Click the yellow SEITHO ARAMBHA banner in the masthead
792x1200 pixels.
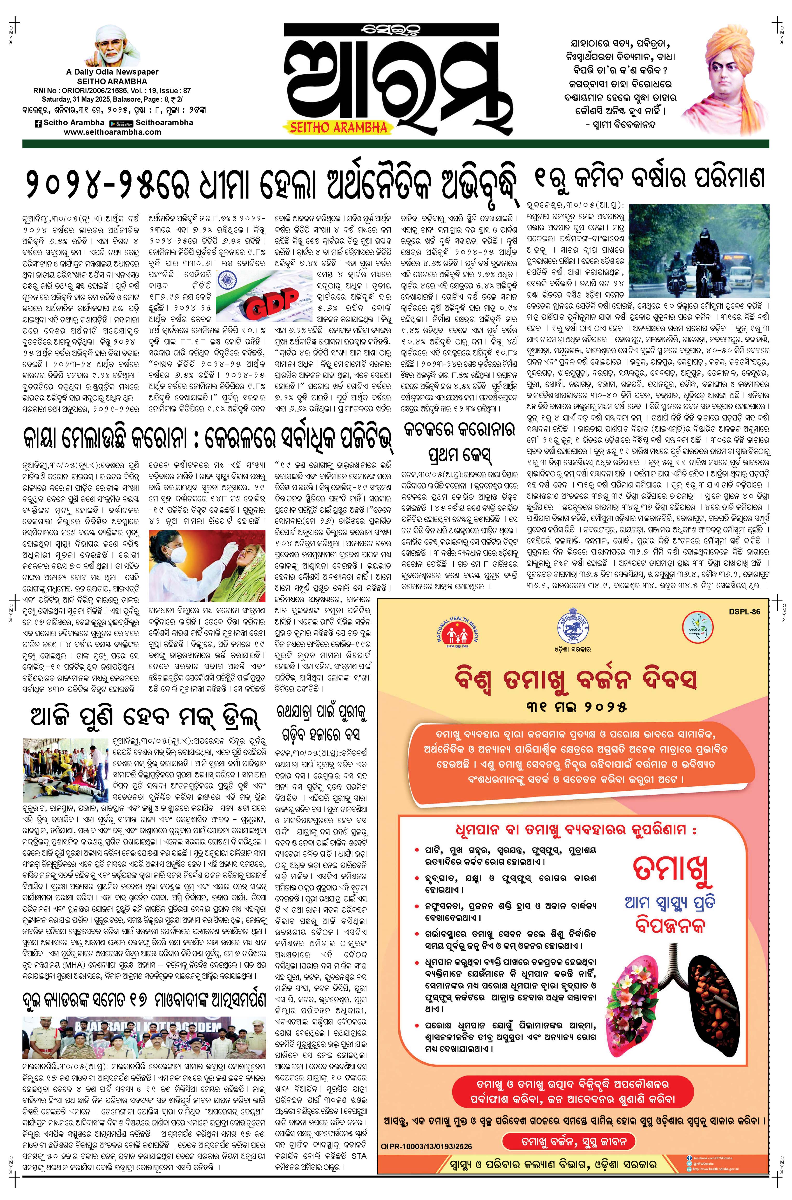point(339,127)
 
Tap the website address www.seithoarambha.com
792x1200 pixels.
point(113,132)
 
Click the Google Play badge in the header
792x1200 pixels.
point(121,123)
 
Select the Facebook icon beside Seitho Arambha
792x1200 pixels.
point(38,123)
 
